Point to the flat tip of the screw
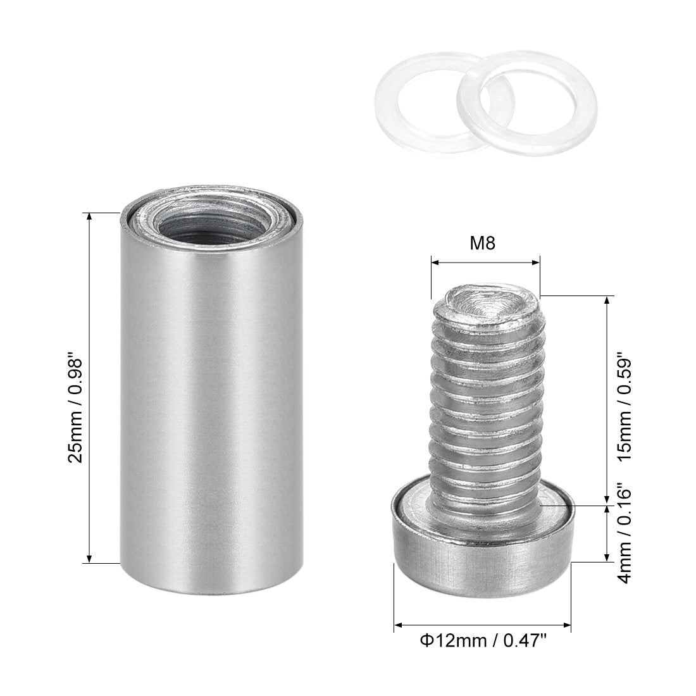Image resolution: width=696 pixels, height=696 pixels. [x=486, y=303]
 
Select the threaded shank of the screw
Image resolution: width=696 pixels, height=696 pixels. [x=486, y=405]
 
